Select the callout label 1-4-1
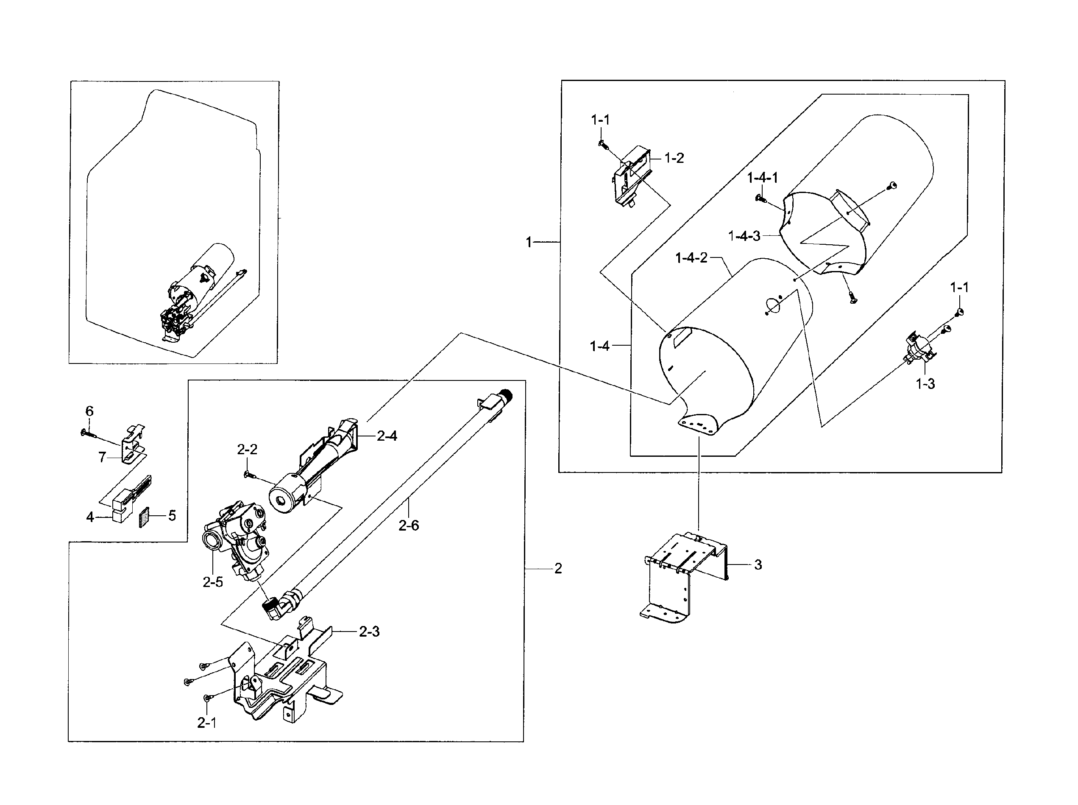(763, 178)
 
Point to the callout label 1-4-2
(691, 258)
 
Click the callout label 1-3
(925, 384)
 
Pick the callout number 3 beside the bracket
(758, 565)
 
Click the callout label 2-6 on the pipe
(408, 525)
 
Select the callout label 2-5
(213, 582)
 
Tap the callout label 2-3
(369, 632)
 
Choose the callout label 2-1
(206, 723)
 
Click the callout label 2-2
(247, 450)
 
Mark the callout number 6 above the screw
(89, 411)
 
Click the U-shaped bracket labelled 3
(684, 575)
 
